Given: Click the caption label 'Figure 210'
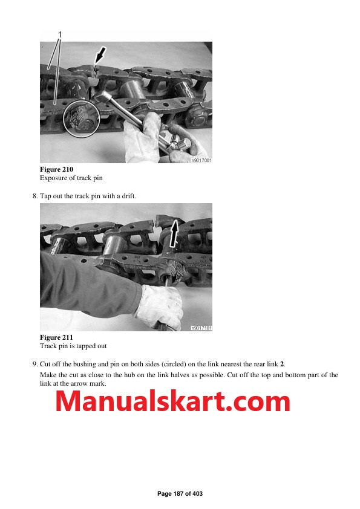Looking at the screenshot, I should [56, 169].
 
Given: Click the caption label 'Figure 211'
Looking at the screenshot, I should [56, 337].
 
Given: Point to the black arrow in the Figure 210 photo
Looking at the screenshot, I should [101, 57].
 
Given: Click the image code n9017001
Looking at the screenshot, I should [201, 160].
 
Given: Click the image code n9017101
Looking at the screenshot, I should [201, 328].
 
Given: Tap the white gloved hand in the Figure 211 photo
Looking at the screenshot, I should [159, 305].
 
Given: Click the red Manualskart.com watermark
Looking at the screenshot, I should [173, 401].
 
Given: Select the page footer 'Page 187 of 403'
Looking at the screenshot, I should [180, 494].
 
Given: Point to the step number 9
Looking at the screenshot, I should [34, 364].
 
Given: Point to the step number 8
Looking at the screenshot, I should [34, 196].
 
